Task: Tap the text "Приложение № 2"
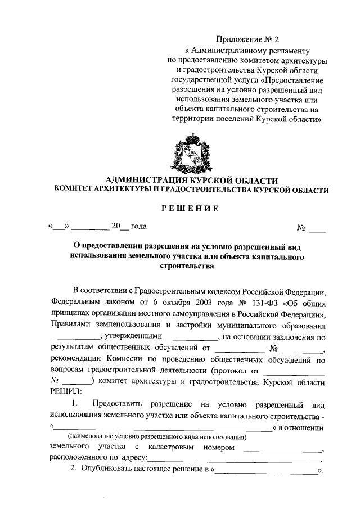[247, 39]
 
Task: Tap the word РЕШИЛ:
[66, 391]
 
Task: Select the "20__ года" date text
[129, 226]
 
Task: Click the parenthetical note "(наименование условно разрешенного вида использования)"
[157, 437]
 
